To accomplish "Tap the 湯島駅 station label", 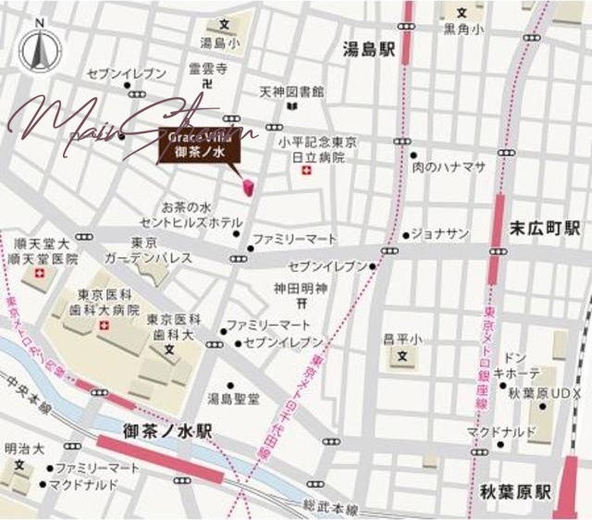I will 367,50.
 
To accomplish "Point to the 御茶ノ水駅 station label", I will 167,431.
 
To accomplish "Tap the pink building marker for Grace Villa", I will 248,187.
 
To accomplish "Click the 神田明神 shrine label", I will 302,289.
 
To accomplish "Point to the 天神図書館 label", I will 291,93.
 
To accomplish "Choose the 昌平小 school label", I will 402,340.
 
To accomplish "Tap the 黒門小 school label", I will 462,30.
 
